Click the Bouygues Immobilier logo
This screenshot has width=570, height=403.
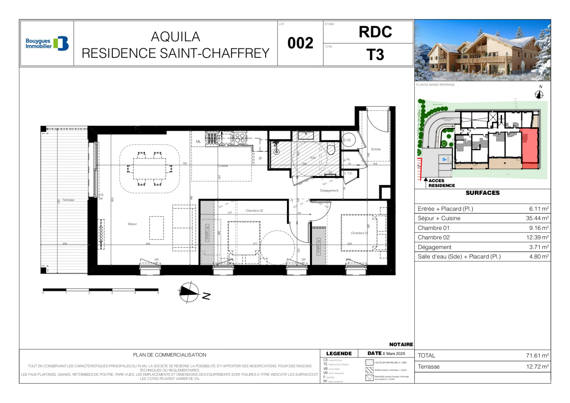(x=47, y=44)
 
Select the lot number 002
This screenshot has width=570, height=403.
(x=300, y=43)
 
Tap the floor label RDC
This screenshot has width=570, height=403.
(x=375, y=32)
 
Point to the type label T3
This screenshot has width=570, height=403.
(x=375, y=55)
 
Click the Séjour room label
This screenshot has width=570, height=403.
(x=132, y=224)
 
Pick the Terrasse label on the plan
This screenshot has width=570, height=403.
(x=68, y=200)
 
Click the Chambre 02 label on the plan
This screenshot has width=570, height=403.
(x=254, y=210)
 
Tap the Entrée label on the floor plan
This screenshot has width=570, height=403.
(x=376, y=149)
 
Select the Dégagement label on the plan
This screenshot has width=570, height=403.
(x=329, y=191)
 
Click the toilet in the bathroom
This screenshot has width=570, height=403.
(x=331, y=149)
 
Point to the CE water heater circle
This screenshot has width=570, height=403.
(x=348, y=140)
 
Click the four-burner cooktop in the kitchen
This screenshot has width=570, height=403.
(x=240, y=138)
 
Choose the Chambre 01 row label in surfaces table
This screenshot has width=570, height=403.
(x=433, y=228)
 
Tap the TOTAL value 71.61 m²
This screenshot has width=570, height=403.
(x=537, y=356)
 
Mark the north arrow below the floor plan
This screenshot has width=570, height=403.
(x=189, y=292)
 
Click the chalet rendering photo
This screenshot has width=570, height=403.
(x=482, y=50)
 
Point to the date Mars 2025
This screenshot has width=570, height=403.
(x=395, y=353)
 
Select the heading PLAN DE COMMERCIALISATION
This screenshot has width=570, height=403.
(x=170, y=355)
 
